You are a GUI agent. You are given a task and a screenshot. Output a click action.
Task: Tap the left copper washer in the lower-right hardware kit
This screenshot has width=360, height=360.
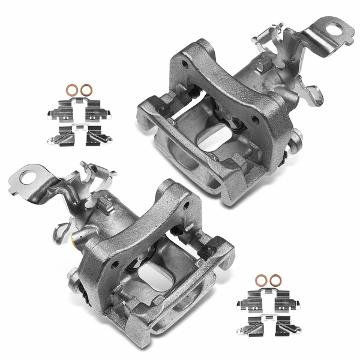[x=261, y=280]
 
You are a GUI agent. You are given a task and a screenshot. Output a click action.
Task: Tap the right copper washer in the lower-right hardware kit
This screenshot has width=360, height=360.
[x=276, y=280]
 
